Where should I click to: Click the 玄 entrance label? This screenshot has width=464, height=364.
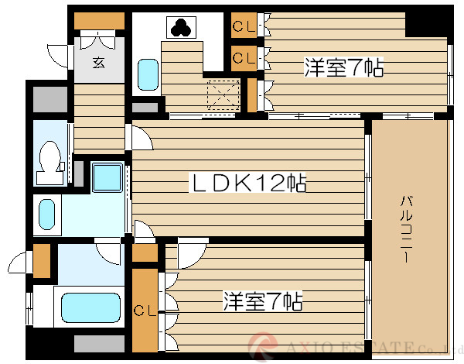[99, 64]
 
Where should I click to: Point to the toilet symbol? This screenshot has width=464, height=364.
[49, 159]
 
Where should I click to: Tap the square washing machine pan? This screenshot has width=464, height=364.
[106, 178]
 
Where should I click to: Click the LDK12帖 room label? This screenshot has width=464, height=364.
[247, 184]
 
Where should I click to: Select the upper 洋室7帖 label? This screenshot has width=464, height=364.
[343, 68]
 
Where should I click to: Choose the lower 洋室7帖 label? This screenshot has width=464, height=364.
[263, 300]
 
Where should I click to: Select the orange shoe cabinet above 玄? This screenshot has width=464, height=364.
[99, 22]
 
